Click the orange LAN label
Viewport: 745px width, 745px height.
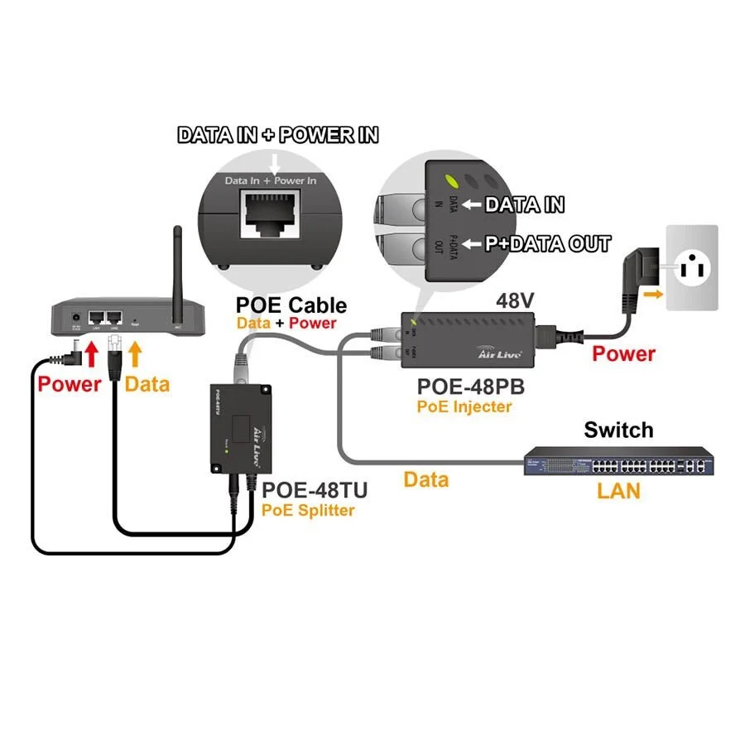click(x=619, y=491)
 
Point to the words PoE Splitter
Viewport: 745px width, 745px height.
click(x=307, y=510)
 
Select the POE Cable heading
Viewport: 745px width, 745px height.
click(x=291, y=304)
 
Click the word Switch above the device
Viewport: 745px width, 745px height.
click(x=618, y=430)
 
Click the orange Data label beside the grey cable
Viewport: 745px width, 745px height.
click(x=425, y=479)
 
